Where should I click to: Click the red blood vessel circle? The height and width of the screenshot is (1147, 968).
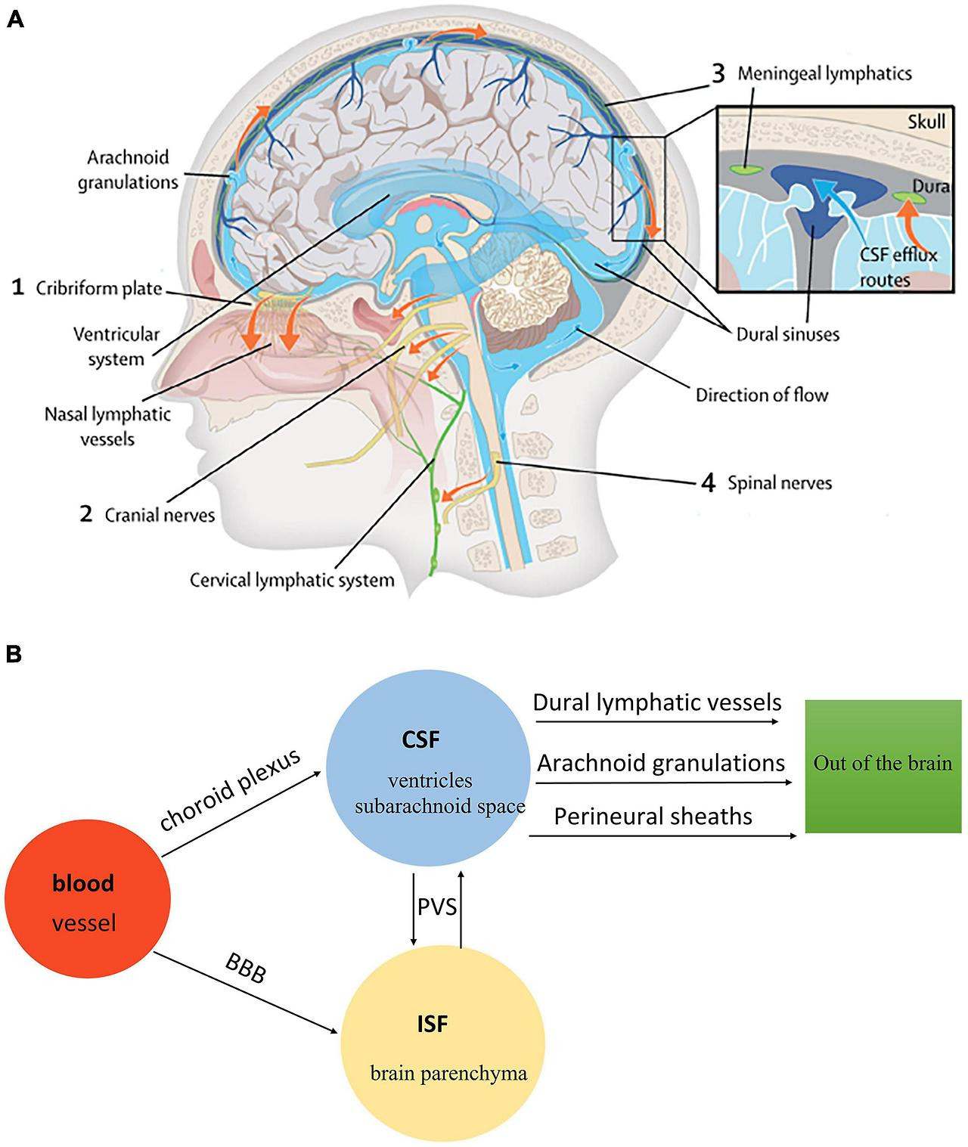87,897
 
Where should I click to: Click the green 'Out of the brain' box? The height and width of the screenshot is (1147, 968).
883,766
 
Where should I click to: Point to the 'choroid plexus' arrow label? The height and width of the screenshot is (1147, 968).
230,790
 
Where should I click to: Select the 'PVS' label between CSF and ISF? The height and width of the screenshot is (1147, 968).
437,905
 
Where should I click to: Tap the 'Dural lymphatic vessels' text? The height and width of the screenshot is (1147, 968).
657,702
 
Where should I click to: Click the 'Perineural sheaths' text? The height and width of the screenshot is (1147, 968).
653,817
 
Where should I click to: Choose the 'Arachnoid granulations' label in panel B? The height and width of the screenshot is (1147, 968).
661,763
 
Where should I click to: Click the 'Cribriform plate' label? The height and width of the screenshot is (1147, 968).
98,288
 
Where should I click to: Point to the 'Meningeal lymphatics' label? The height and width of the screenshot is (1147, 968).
824,73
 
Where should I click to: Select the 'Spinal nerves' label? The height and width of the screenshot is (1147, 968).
779,482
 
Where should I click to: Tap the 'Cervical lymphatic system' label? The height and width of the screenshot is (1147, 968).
292,580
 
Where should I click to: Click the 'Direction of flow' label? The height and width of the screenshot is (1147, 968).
762,394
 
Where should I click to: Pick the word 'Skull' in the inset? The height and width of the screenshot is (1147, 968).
926,121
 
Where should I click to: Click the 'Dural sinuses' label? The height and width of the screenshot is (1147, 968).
787,333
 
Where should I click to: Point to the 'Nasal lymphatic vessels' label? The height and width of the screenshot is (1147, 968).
107,426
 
